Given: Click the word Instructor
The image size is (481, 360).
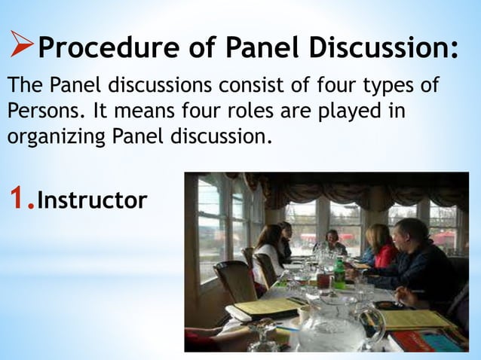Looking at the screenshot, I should coord(91,201).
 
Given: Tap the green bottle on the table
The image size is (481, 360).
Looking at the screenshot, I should coord(339,273).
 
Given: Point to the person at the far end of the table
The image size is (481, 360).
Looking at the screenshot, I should coord(332,241).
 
